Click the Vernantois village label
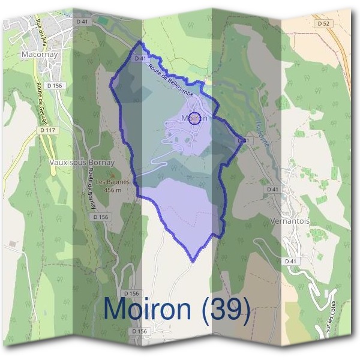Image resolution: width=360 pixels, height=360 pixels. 290,221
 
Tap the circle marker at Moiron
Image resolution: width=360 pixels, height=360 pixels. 194,117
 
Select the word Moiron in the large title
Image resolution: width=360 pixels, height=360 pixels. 147,308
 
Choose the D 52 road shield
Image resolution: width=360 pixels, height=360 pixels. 325,23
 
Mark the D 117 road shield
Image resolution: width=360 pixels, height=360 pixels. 44,130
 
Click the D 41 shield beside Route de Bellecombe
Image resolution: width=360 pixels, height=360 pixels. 141,58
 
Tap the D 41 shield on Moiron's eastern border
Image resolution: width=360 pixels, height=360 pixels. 242,140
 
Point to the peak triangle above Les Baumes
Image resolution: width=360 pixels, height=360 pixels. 110,175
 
